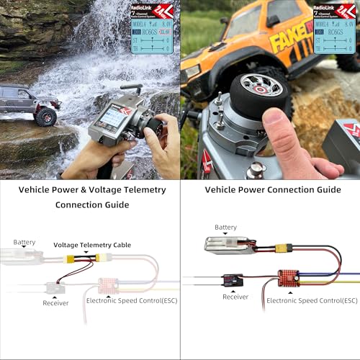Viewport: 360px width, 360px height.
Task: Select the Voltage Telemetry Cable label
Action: [92, 245]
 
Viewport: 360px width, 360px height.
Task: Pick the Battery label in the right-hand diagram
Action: [225, 228]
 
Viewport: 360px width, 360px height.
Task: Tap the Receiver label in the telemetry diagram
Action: [55, 303]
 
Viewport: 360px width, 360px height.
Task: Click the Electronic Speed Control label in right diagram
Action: [312, 300]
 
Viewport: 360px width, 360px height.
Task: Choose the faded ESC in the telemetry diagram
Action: [108, 285]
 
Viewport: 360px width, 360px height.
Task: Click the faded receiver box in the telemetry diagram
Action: [55, 287]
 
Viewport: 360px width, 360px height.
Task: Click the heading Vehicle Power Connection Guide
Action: [273, 190]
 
